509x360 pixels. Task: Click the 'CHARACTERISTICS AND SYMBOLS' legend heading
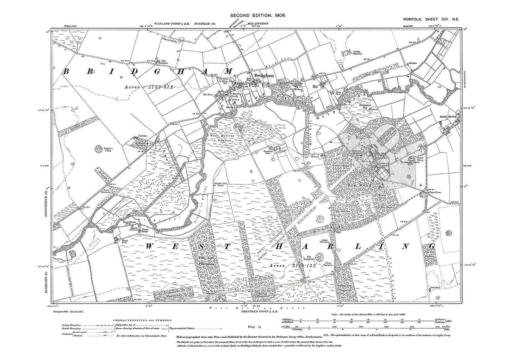pos(142,320)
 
